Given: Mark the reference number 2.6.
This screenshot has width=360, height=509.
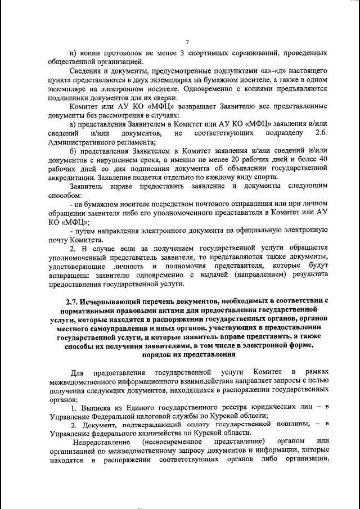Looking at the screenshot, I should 321,133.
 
